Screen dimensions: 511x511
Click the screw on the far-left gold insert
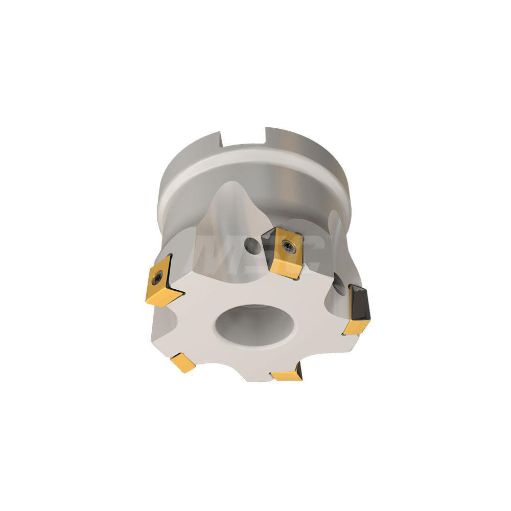coord(157,277)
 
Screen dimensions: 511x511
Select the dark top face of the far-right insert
coord(359,301)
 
